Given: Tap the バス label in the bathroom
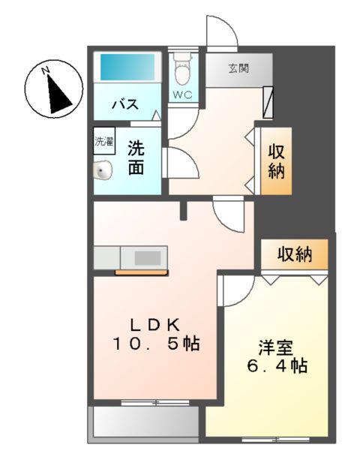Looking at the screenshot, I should [x=124, y=104].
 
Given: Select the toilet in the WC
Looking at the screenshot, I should [x=181, y=71].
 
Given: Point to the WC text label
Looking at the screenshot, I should [x=182, y=95].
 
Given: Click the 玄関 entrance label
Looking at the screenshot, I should [x=239, y=68].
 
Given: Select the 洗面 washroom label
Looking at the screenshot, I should [x=135, y=158].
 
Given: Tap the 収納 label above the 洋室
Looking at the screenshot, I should [x=294, y=254].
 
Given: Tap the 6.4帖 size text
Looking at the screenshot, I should [x=275, y=367].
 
